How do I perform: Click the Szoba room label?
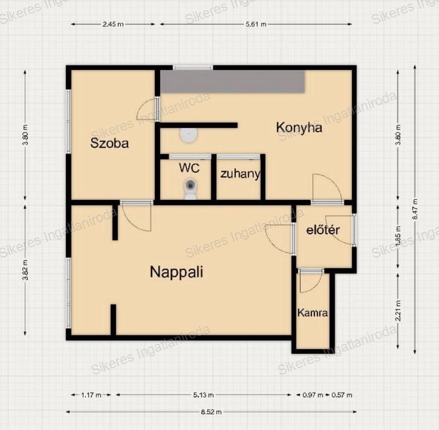point(109,143)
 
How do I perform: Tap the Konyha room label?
point(299,127)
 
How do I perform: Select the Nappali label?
point(176,272)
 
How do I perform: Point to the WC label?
point(190,168)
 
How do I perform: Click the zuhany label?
point(240,174)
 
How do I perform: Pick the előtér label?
point(323,230)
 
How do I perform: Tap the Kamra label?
point(312,313)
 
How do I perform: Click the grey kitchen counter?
point(232,82)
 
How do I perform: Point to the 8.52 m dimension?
point(211,412)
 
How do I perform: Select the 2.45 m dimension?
point(113,24)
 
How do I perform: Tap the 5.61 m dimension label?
point(256,24)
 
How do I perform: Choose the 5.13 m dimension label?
point(203,395)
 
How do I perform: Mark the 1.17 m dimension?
point(91,395)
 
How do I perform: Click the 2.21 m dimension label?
point(398,310)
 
